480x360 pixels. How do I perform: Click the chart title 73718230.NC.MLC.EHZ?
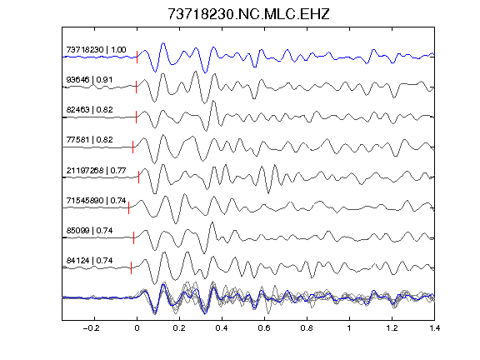click(248, 14)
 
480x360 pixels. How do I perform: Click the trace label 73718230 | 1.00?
click(96, 50)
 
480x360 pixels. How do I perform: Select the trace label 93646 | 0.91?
click(89, 80)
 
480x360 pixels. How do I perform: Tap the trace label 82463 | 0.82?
click(89, 110)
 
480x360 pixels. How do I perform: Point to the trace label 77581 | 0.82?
click(89, 140)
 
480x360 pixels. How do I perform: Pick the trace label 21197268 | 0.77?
click(96, 170)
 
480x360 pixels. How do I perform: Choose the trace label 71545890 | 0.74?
click(96, 200)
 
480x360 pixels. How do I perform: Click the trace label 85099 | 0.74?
click(89, 230)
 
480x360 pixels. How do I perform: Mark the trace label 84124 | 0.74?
click(89, 261)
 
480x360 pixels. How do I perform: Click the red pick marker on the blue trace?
click(137, 57)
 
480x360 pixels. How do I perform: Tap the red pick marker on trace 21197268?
click(138, 177)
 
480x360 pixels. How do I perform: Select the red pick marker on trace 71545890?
click(129, 207)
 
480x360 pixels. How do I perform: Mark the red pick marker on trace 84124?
click(132, 267)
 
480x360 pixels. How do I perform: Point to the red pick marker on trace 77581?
click(132, 147)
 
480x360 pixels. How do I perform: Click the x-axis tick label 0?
click(137, 328)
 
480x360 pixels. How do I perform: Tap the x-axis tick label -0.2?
click(91, 328)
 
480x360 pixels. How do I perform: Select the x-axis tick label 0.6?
click(264, 328)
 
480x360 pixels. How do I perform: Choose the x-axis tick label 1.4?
click(434, 328)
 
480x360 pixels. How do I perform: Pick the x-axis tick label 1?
click(349, 328)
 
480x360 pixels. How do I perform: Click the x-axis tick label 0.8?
click(307, 328)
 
